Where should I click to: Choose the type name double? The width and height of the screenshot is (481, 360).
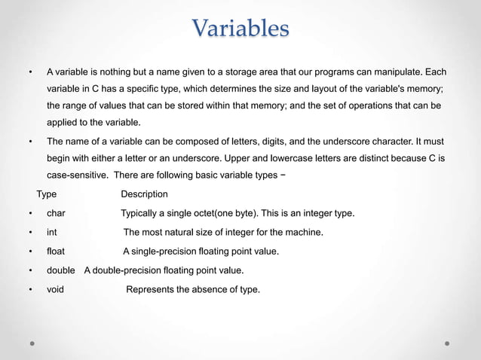61,270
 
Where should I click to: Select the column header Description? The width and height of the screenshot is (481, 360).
145,194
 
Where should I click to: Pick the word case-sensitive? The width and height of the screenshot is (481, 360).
81,175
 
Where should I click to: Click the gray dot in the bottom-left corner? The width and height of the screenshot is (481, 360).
32,343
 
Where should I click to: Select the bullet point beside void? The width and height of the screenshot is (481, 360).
30,288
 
